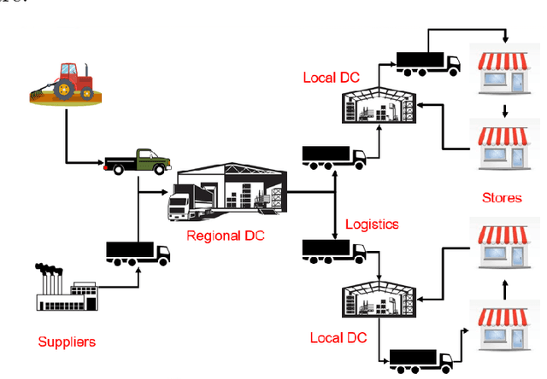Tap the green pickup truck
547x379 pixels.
tap(137, 160)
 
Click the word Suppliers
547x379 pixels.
tap(67, 342)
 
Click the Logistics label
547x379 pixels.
tap(372, 224)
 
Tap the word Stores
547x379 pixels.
tap(502, 198)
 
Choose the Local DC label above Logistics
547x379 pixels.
tap(331, 78)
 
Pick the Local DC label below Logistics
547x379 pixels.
tap(338, 338)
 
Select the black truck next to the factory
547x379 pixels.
tap(138, 254)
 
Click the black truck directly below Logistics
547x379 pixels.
tap(334, 251)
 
